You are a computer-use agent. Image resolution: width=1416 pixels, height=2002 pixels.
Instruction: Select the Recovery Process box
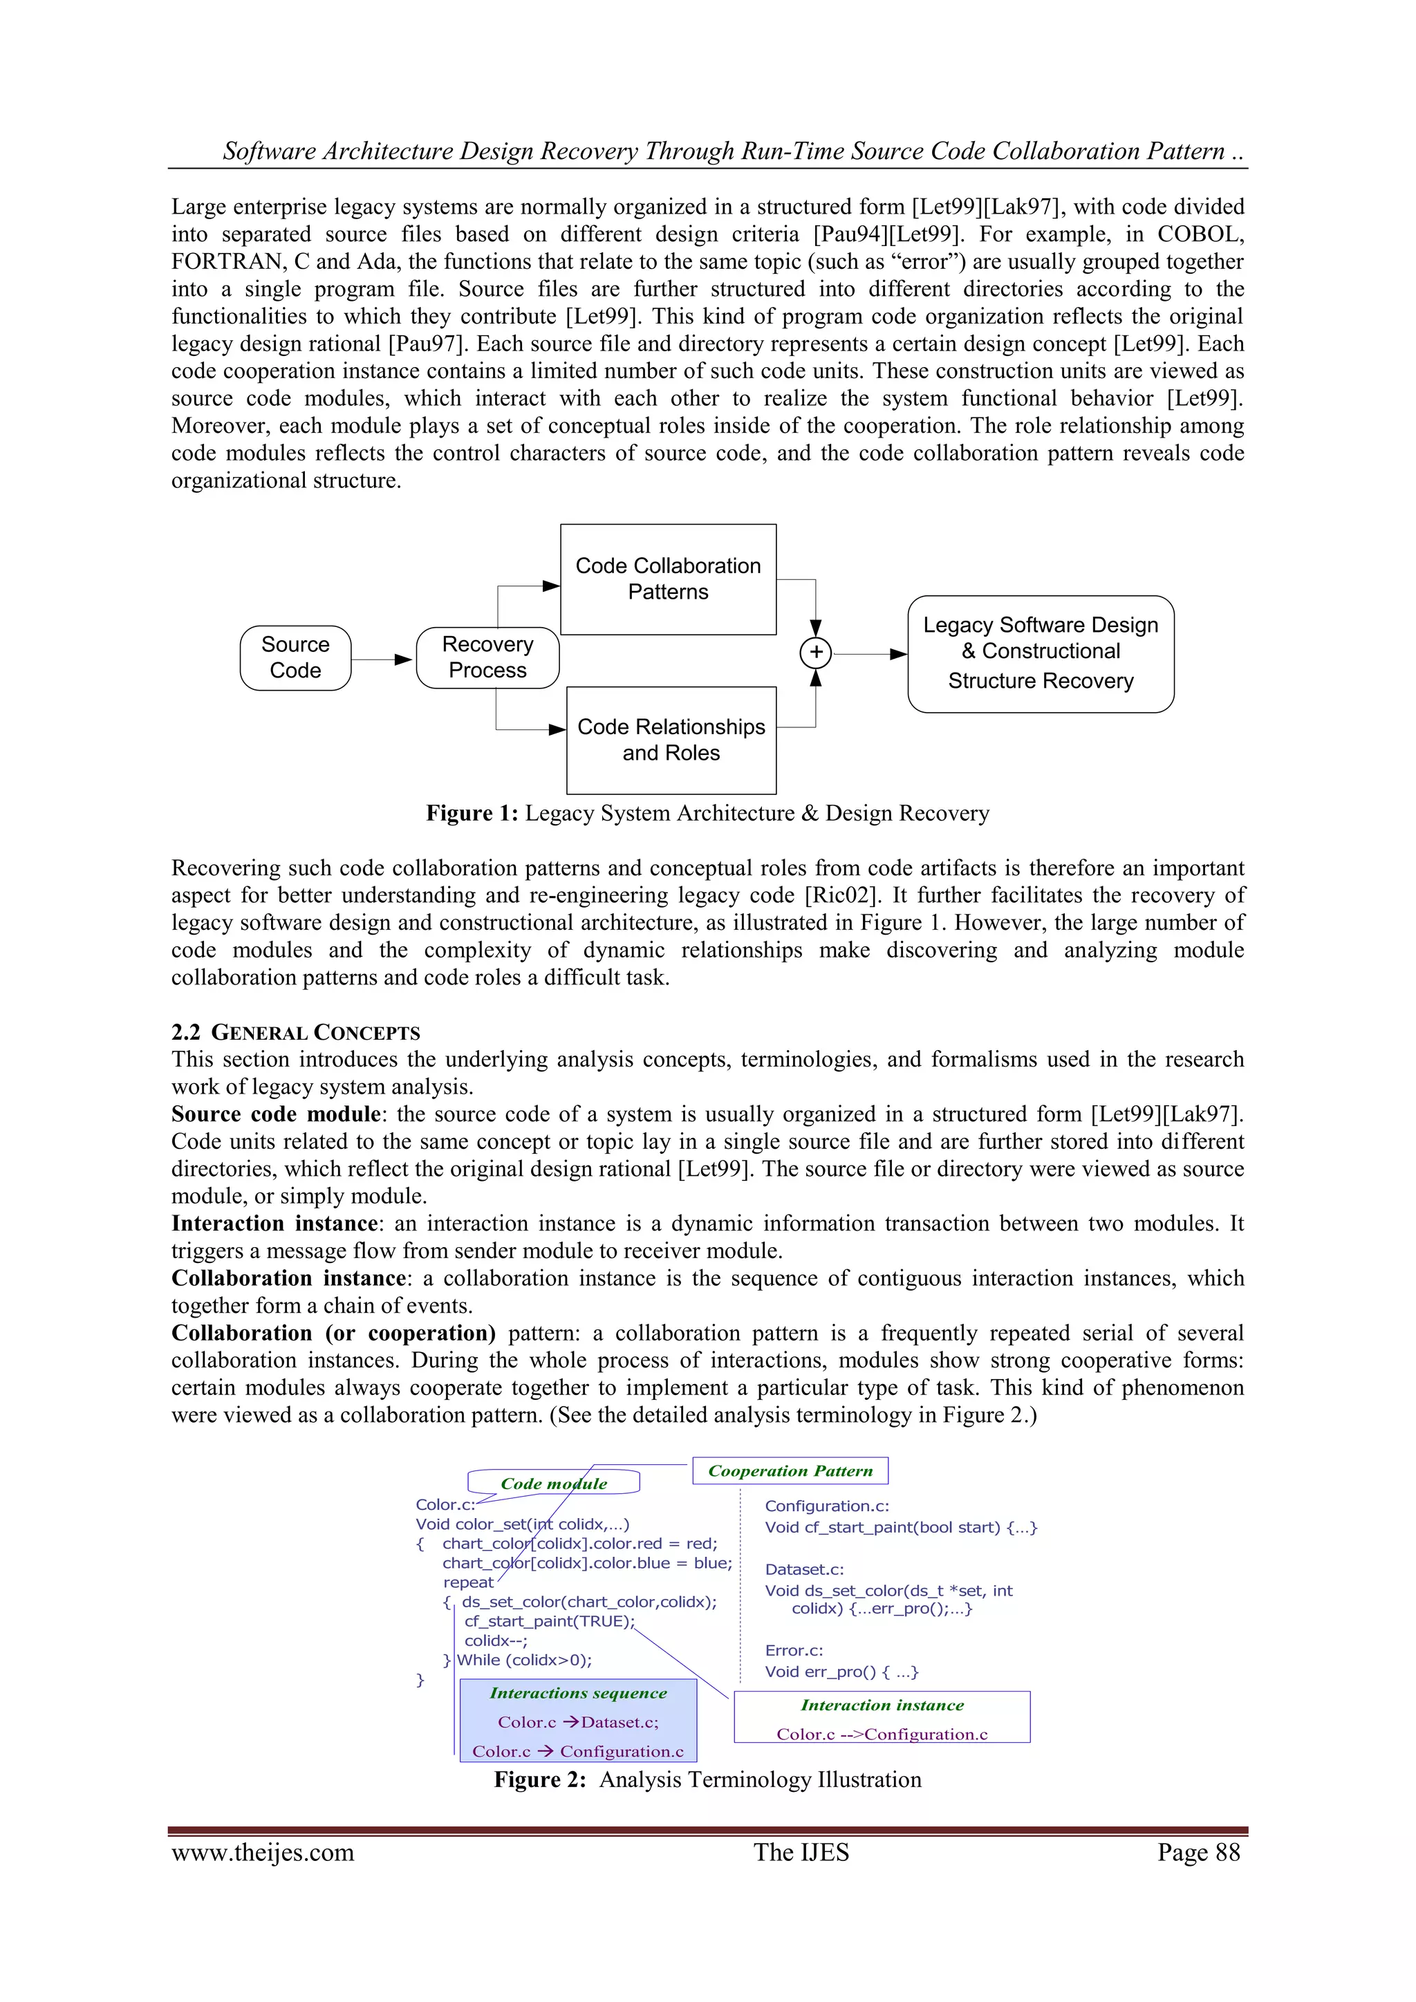coord(487,657)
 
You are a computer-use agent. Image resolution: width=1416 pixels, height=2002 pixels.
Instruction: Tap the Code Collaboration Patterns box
coord(668,579)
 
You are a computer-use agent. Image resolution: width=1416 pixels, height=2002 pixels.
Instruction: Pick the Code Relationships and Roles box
coord(671,740)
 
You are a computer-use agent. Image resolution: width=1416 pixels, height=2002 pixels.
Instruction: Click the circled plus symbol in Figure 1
coord(815,652)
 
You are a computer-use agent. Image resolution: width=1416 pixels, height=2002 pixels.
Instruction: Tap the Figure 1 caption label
coord(472,813)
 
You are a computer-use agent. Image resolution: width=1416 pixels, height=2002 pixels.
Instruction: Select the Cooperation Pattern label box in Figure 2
coord(790,1470)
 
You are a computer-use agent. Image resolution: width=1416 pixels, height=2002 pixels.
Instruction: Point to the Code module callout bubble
coord(554,1482)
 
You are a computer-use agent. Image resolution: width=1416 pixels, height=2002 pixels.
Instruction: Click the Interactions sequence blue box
coord(578,1721)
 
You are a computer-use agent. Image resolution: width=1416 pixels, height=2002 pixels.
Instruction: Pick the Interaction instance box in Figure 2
coord(882,1718)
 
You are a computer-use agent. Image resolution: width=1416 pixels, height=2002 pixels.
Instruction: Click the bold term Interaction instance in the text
coord(274,1224)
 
